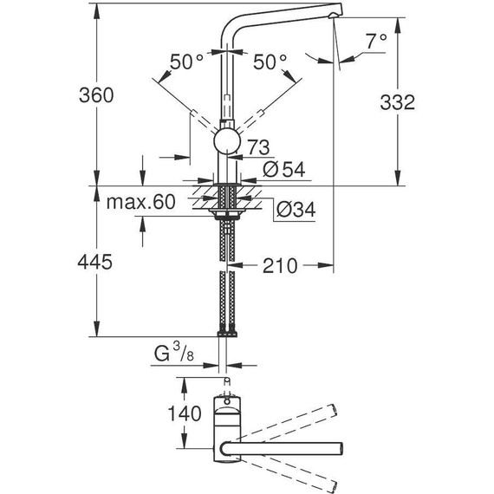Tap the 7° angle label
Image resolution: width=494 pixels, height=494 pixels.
point(376,41)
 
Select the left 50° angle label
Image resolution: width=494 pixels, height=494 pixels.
point(187,62)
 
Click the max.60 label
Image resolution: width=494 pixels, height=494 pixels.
point(140,203)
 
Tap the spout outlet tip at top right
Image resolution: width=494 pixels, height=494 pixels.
point(338,12)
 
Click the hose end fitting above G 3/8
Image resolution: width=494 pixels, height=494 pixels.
point(226,331)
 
